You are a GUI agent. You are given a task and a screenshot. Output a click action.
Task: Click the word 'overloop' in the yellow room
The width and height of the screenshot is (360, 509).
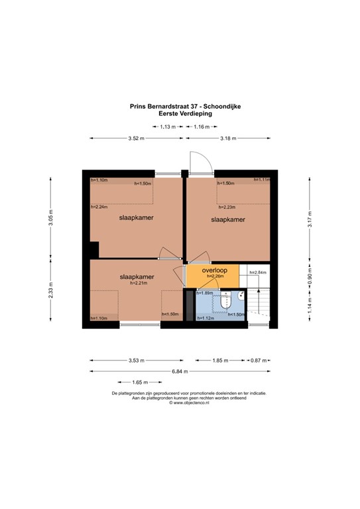pyautogui.click(x=215, y=270)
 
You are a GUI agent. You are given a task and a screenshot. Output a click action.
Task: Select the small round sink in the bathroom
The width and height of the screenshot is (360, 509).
pyautogui.click(x=241, y=296)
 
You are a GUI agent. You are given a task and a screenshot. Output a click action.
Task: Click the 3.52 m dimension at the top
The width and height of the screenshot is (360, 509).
pyautogui.click(x=137, y=138)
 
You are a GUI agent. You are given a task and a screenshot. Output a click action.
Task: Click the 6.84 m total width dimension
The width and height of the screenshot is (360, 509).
pyautogui.click(x=179, y=371)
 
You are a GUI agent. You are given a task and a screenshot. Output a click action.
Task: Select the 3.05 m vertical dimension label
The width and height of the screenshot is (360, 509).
pyautogui.click(x=50, y=218)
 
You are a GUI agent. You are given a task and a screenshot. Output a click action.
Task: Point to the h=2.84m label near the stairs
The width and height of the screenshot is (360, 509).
pyautogui.click(x=257, y=272)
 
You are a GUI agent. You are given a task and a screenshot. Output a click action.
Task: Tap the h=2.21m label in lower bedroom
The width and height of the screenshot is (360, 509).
pyautogui.click(x=138, y=283)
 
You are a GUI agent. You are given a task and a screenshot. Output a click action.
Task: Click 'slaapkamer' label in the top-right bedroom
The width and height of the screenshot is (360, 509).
pyautogui.click(x=228, y=219)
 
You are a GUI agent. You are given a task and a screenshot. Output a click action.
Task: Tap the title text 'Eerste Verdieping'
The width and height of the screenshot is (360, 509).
pyautogui.click(x=180, y=113)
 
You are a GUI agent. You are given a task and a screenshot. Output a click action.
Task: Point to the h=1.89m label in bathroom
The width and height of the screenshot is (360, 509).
pyautogui.click(x=204, y=293)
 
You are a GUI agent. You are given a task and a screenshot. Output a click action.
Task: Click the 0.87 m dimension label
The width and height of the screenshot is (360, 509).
pyautogui.click(x=258, y=361)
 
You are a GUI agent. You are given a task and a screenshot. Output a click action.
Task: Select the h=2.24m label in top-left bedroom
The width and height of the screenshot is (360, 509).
pyautogui.click(x=99, y=206)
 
